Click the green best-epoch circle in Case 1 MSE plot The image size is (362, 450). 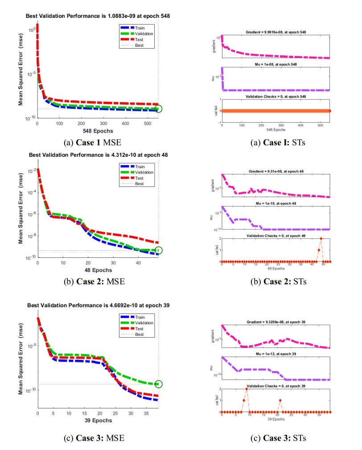[159, 108]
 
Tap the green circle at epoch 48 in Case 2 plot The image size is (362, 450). [159, 250]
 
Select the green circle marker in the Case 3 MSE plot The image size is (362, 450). [159, 384]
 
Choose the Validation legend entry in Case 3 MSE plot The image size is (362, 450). [138, 322]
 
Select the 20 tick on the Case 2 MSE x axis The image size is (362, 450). [88, 264]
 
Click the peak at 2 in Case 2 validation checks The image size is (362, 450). [321, 239]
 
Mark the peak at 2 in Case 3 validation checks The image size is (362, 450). [247, 389]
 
